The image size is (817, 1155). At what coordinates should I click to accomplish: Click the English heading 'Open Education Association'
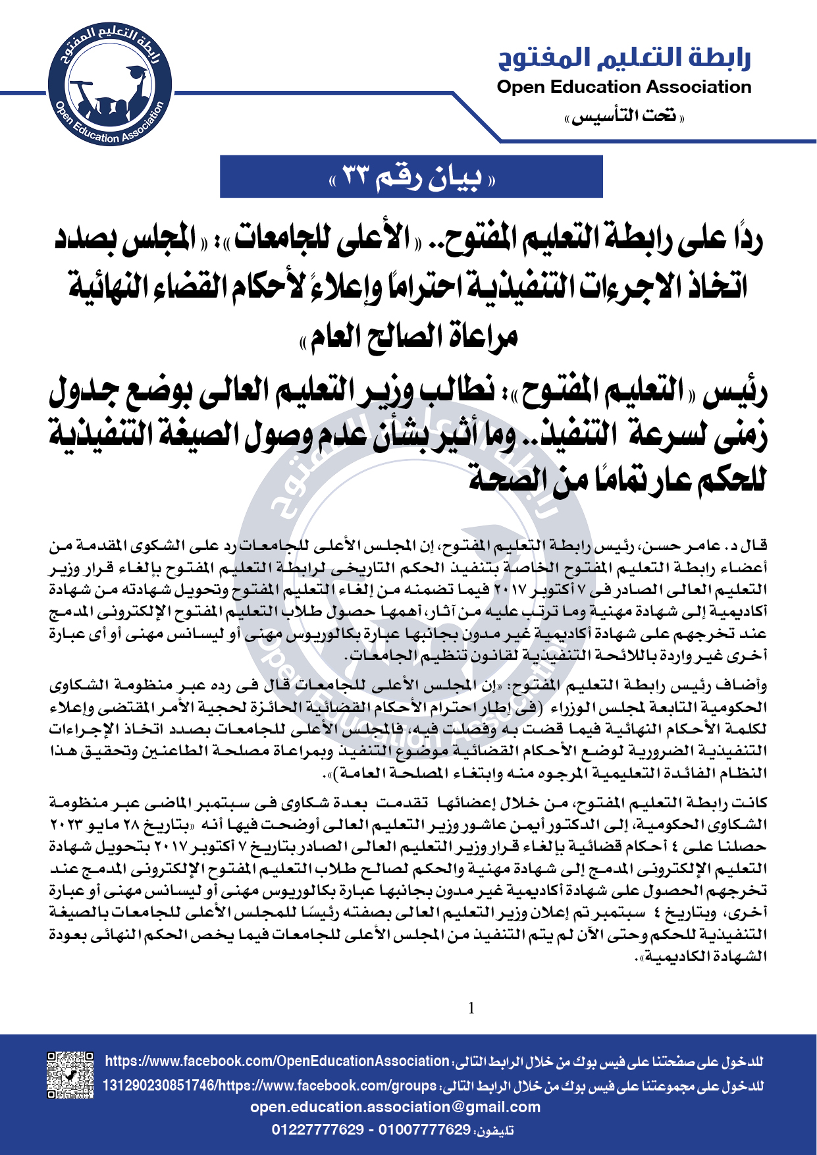[x=623, y=87]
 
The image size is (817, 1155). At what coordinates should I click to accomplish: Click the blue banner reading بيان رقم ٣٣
[x=411, y=176]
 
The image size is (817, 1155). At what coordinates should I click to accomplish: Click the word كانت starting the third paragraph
[x=752, y=803]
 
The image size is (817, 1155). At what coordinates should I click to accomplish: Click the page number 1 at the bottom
[x=471, y=1008]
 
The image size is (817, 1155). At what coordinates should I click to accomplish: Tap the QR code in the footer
[x=70, y=1075]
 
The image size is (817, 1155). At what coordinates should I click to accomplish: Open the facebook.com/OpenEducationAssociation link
[x=277, y=1061]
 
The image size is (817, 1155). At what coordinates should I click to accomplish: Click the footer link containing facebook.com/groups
[x=270, y=1085]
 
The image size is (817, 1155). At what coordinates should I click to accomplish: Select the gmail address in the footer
[x=395, y=1107]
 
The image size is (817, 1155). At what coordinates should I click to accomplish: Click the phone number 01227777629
[x=318, y=1130]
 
